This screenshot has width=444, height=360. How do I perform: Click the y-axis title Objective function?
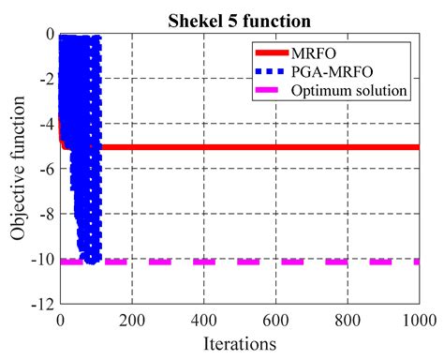coord(19,169)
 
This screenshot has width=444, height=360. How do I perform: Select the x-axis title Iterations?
coord(238,344)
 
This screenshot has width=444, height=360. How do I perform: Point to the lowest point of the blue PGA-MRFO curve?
coord(91,260)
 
